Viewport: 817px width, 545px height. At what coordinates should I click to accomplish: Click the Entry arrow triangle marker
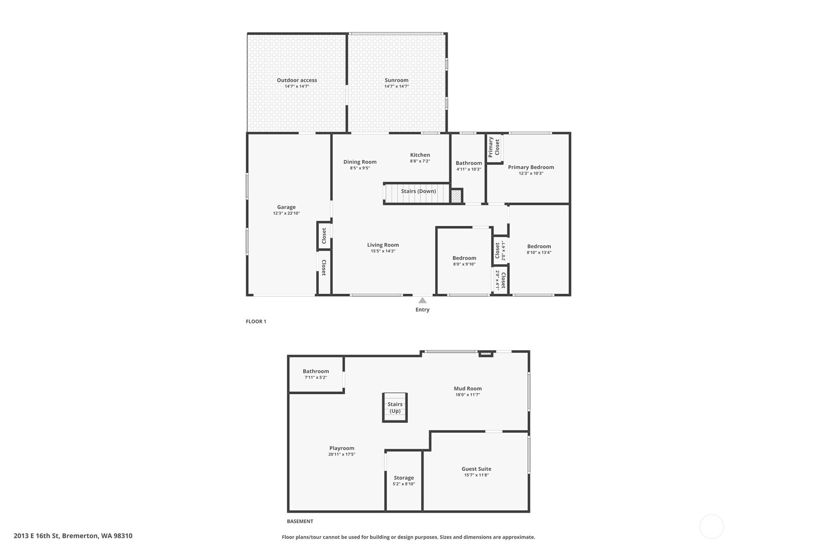(422, 300)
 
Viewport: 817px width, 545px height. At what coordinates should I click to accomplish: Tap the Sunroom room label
(396, 80)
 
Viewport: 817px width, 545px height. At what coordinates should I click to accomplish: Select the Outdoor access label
(297, 80)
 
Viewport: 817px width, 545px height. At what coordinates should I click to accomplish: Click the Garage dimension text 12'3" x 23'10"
(286, 213)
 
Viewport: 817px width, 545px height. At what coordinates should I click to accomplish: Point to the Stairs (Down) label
(418, 191)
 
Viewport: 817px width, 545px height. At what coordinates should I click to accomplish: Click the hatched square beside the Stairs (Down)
(456, 196)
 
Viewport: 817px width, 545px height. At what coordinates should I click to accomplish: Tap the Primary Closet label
(494, 147)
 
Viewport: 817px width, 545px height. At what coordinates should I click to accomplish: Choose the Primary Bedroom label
(531, 167)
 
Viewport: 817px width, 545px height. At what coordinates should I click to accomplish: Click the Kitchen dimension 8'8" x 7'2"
(420, 161)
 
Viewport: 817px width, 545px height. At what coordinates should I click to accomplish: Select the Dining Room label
(360, 162)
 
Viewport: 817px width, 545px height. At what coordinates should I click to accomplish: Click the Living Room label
(383, 245)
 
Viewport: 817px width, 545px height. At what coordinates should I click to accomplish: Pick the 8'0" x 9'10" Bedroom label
(464, 258)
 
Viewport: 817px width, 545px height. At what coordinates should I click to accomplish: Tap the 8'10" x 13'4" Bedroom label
(539, 246)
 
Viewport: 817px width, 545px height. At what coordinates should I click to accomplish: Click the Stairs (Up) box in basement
(395, 407)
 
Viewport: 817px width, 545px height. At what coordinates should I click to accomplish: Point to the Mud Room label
(467, 388)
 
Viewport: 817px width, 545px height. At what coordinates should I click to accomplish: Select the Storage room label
(404, 478)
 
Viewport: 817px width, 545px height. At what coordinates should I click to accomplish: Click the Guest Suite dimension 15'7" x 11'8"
(476, 475)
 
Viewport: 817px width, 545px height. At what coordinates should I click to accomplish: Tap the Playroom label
(342, 448)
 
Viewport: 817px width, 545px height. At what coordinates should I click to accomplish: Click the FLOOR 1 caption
(256, 321)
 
